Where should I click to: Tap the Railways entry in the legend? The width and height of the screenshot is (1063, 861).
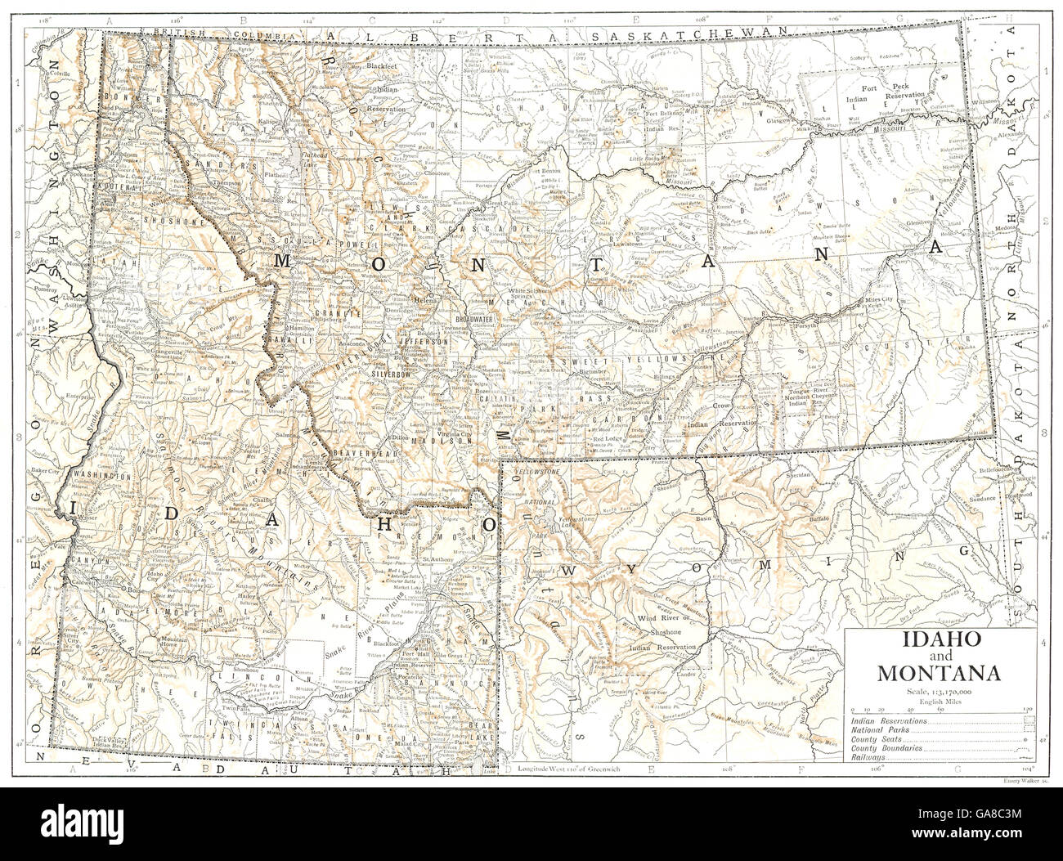869,758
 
